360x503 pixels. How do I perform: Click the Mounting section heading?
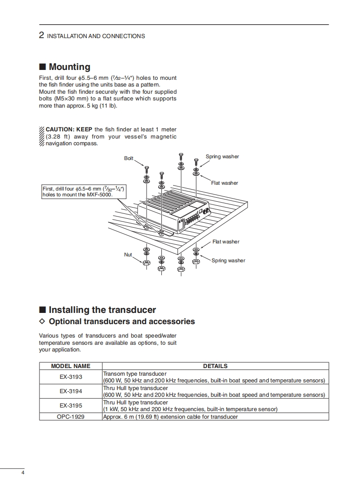(69, 67)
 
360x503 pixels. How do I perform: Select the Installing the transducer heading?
(102, 310)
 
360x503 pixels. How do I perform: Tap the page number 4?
(23, 473)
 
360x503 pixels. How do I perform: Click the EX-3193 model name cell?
(71, 377)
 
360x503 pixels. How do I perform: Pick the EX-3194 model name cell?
(71, 391)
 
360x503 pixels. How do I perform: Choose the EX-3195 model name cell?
(71, 406)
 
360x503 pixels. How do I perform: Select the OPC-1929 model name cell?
(71, 417)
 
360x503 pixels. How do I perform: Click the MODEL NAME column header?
(71, 366)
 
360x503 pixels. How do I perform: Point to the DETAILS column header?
(215, 366)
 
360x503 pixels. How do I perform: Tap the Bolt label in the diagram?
(129, 158)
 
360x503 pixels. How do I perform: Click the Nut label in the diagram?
(128, 255)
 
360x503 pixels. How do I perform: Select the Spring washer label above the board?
(222, 156)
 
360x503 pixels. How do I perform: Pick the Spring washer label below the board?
(228, 260)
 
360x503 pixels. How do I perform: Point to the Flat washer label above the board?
(225, 183)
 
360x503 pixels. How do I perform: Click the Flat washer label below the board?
(226, 242)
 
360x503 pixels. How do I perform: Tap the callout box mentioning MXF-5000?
(83, 192)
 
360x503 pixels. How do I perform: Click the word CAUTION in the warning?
(60, 130)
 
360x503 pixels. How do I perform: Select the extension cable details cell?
(170, 417)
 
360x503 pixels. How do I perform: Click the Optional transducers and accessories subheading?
(121, 321)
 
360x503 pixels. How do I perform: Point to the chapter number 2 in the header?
(41, 36)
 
